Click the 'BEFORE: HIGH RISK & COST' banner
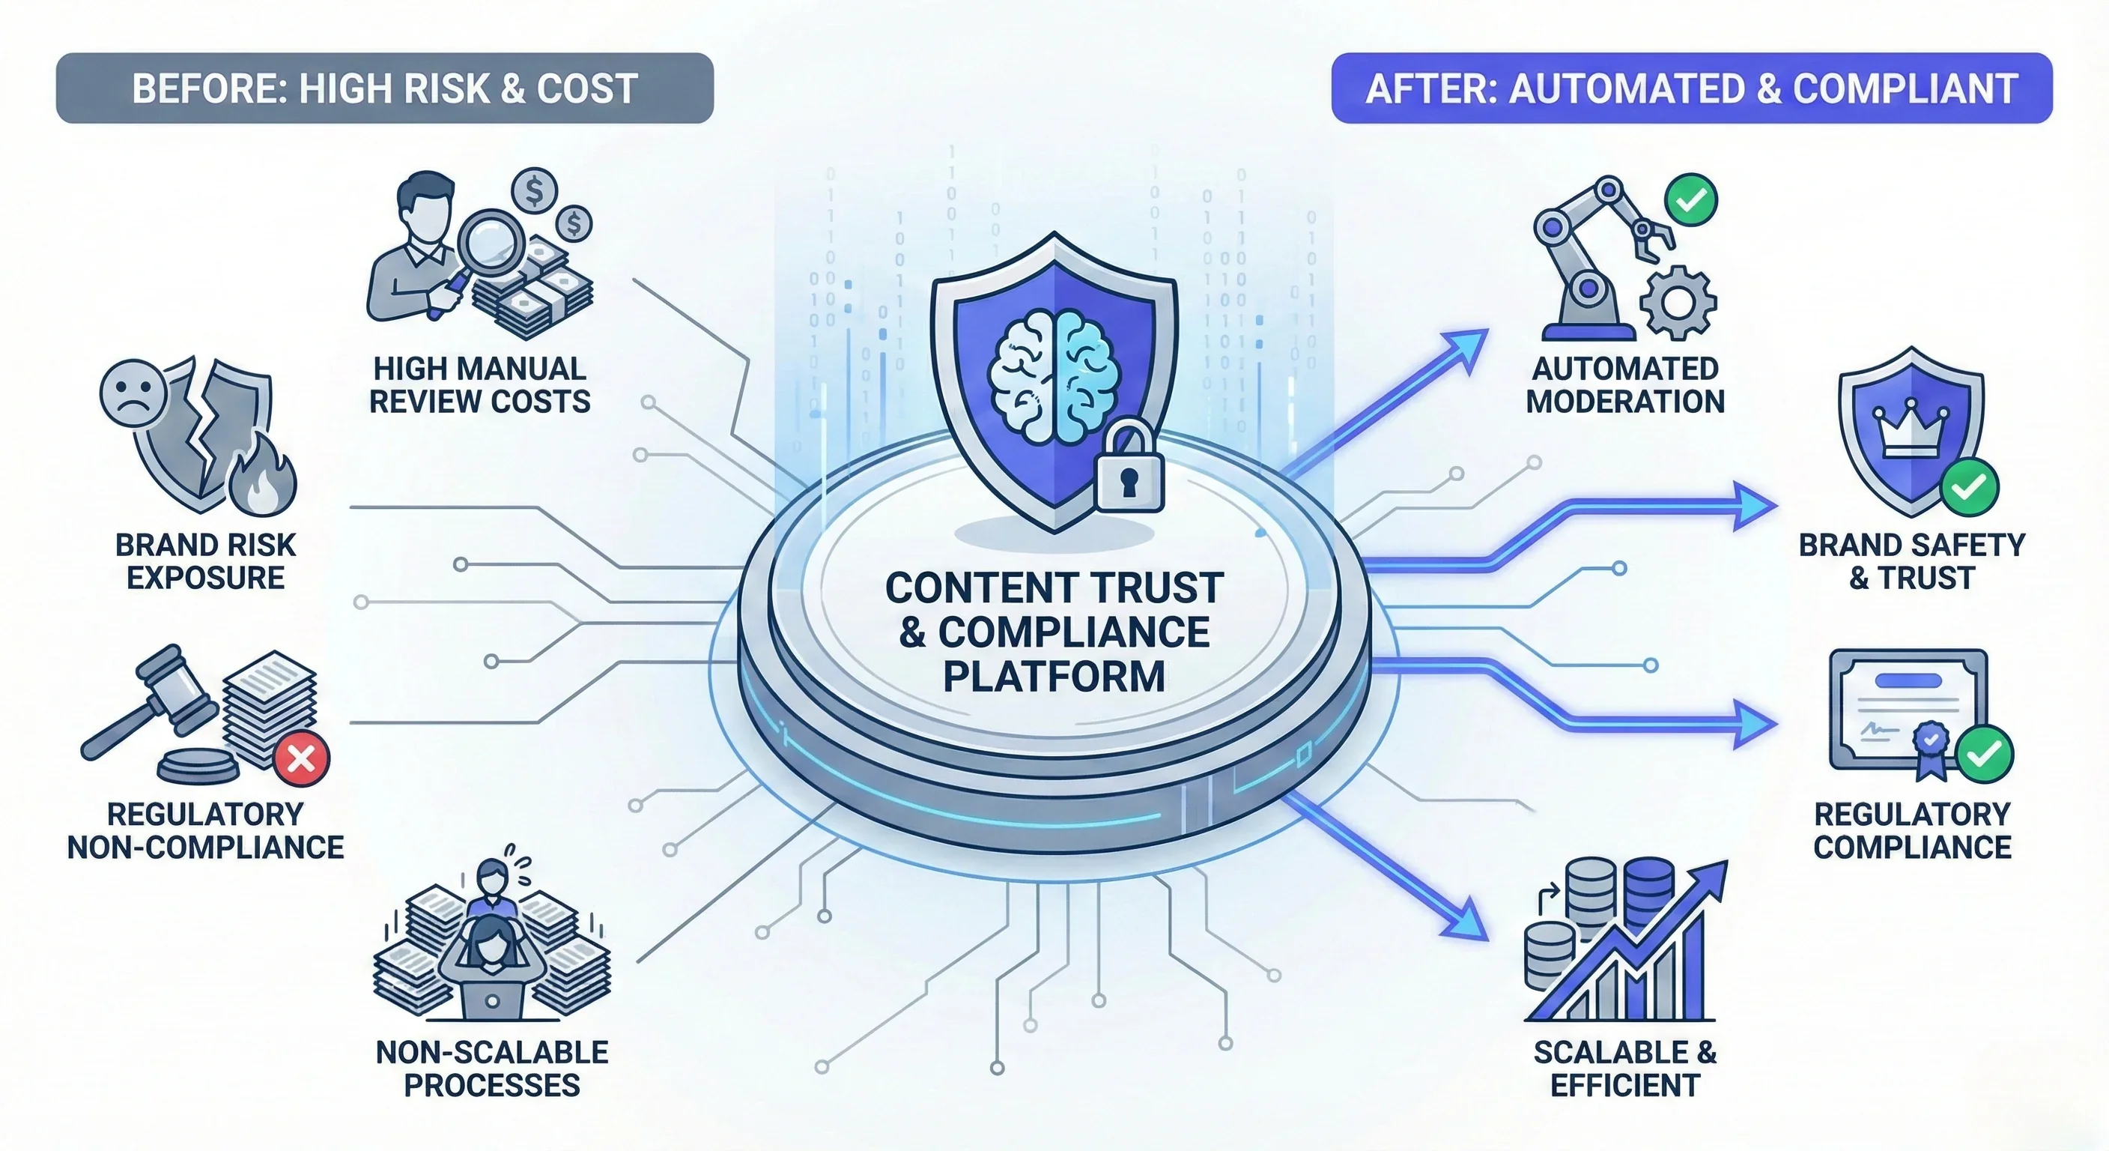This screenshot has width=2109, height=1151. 385,88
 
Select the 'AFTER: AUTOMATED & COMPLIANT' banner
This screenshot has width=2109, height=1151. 1691,88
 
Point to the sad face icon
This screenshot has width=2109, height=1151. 133,393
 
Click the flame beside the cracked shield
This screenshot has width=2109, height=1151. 262,483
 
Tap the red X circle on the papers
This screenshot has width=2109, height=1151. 301,758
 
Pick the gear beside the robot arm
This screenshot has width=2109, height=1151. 1678,302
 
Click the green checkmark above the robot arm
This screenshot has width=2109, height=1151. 1691,200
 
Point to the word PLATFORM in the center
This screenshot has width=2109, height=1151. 1054,676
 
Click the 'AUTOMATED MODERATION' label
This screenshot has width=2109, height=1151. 1624,385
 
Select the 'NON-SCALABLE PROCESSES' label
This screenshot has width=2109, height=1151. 491,1069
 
